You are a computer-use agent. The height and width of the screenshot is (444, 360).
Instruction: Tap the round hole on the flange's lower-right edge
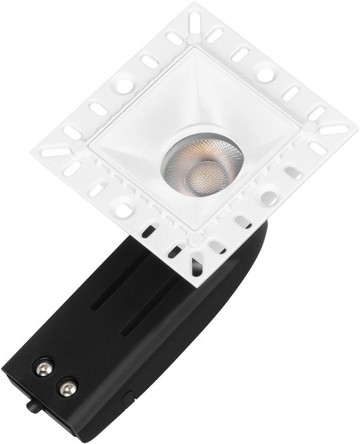[269, 198]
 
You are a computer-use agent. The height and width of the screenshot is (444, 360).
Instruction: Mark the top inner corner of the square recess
[190, 50]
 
